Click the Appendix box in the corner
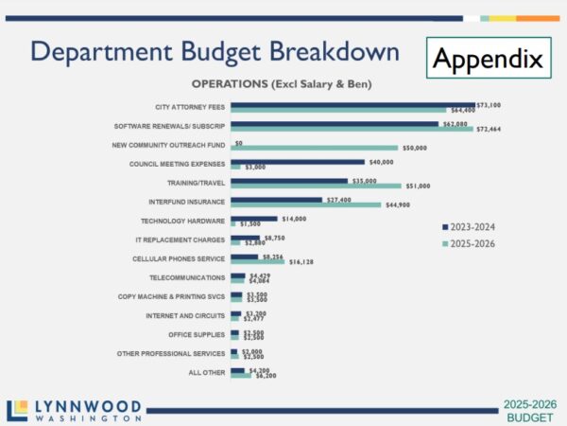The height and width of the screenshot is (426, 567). click(489, 59)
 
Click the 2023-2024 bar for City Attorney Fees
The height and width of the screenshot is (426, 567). click(339, 104)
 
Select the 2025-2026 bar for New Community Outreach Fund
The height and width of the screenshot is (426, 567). click(314, 148)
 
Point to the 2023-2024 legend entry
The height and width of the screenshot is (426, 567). click(470, 226)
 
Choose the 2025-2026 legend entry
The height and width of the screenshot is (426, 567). click(470, 244)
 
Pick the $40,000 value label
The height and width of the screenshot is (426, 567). click(382, 162)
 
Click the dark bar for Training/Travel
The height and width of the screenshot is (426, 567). click(289, 180)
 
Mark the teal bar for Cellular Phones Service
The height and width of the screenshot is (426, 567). click(257, 261)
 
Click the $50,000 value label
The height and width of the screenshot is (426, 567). click(415, 148)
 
